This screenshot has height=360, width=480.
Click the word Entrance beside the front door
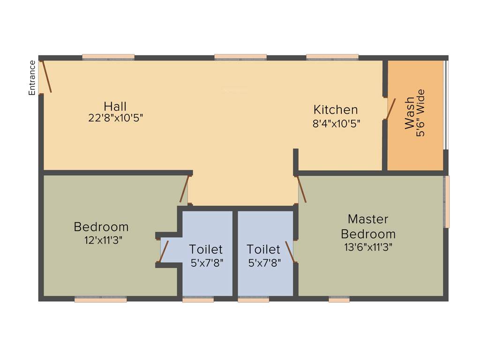point(32,78)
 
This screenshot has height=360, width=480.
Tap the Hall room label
point(115,106)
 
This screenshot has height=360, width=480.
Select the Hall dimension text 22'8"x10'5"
point(115,118)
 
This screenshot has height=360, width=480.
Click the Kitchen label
point(336,110)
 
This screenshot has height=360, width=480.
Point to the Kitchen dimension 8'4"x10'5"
point(336,124)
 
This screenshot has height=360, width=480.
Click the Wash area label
point(409,113)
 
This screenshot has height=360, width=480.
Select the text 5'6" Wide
point(420,113)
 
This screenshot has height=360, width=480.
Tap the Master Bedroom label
point(368,226)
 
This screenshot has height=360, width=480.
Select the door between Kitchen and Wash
point(390,109)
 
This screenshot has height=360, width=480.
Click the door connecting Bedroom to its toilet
point(164,251)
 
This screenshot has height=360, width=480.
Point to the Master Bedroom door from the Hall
point(301,190)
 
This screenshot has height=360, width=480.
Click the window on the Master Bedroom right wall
point(447,202)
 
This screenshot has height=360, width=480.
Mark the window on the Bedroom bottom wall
point(100,300)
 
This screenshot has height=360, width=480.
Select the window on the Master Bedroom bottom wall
point(339,300)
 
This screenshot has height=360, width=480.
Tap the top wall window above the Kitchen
point(333,57)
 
